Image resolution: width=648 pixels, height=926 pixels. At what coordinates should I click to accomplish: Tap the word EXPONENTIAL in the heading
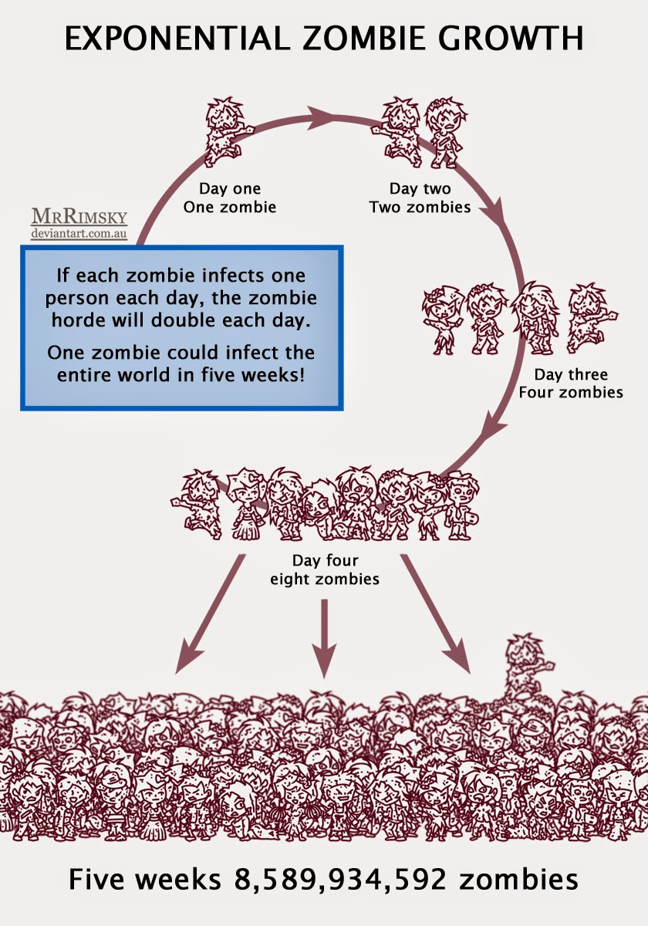point(177,38)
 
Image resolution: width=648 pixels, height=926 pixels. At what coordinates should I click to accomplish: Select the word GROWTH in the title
point(511,38)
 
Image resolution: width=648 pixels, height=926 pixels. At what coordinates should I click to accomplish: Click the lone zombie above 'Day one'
point(227,131)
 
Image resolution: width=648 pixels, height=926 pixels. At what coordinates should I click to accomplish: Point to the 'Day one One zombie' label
point(230,198)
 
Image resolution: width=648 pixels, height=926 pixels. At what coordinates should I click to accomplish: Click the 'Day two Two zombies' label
point(420,198)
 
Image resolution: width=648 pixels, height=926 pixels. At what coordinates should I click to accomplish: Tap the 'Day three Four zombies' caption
point(571,384)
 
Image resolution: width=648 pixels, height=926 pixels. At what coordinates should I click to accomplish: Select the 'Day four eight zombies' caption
point(325,569)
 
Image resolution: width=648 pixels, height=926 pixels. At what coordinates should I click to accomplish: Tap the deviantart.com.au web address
point(79,234)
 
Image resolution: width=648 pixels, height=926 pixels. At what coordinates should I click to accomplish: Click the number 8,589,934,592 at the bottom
point(340,878)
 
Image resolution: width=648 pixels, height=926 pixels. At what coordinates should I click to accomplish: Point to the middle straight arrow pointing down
point(325,638)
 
